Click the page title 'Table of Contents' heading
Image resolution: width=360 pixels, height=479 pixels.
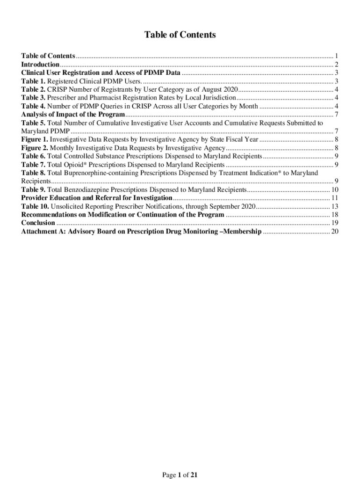(180, 35)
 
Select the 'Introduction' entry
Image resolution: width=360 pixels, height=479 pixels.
(40, 65)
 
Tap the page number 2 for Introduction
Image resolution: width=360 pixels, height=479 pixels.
(336, 65)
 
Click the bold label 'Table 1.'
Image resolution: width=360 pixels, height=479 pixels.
(33, 81)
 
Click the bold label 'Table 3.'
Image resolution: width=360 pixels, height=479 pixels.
(33, 98)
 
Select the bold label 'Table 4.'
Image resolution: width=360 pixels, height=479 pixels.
(33, 106)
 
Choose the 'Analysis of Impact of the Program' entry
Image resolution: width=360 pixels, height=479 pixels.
(73, 115)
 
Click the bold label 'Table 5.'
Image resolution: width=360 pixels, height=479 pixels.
(33, 123)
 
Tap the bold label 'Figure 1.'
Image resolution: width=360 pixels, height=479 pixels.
(35, 139)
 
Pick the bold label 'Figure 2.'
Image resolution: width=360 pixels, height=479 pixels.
(35, 148)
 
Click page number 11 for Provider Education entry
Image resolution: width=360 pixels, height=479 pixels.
(334, 198)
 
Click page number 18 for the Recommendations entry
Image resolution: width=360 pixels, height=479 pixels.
(334, 215)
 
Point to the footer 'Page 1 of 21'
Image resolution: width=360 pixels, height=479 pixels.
(180, 475)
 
